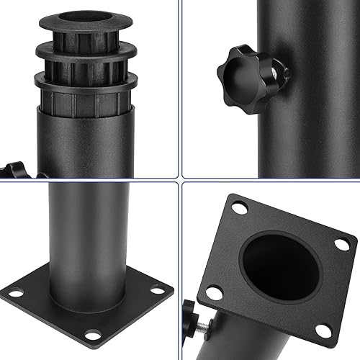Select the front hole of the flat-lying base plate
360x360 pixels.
pyautogui.click(x=93, y=335)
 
